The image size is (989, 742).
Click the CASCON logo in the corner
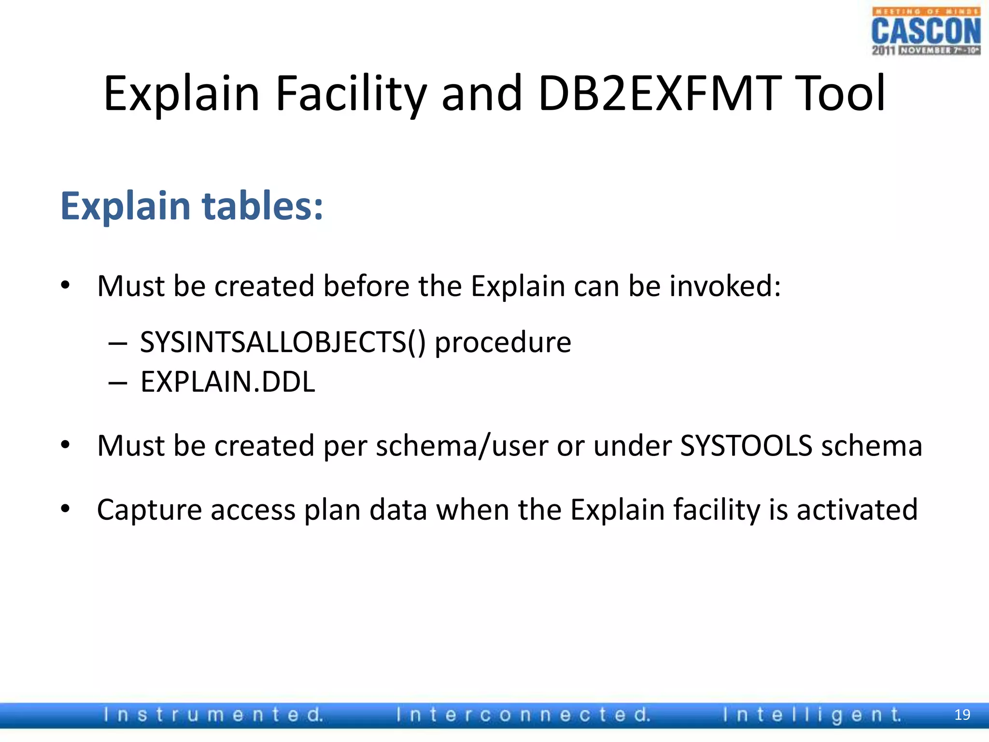926,31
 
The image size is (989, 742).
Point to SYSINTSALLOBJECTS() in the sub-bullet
283,342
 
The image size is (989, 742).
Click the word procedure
503,342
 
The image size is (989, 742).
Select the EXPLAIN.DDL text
227,382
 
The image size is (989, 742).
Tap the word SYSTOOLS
746,445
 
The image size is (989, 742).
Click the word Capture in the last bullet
149,510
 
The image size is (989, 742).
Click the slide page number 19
962,715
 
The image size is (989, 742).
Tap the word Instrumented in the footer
213,715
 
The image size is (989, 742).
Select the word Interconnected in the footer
523,715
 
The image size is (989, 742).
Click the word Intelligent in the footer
812,715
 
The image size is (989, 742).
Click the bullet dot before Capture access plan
66,509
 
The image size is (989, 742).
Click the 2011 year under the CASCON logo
883,50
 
